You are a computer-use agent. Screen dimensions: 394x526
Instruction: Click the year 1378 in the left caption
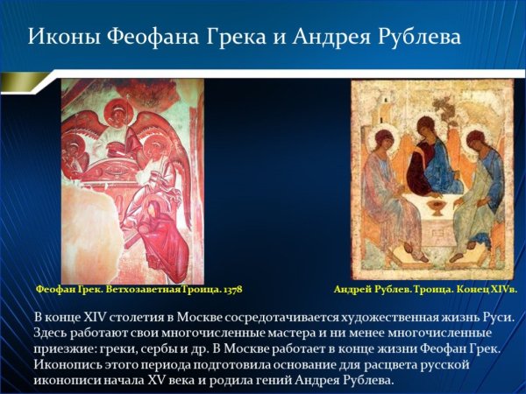[x=231, y=288]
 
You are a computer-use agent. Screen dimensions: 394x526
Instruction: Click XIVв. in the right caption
[x=501, y=288]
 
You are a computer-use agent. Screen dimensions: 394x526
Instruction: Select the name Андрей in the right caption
[x=353, y=288]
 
